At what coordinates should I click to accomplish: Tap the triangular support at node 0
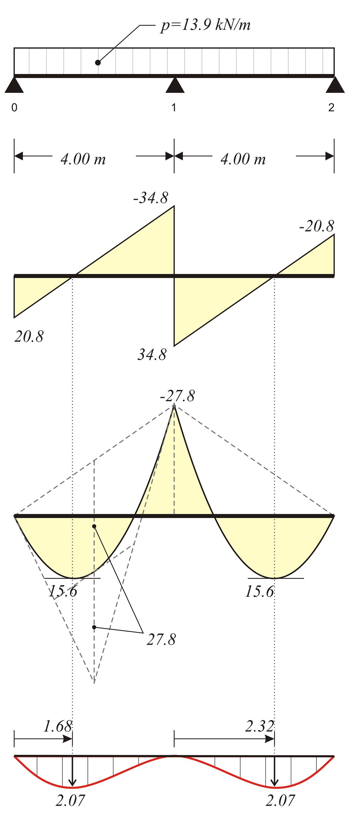[14, 85]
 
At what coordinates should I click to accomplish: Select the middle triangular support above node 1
[175, 85]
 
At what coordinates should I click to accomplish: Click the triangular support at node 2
[335, 85]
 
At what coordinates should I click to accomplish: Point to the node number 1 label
[174, 108]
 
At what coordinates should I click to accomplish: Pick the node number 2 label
[331, 108]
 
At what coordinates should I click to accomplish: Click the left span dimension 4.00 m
[83, 159]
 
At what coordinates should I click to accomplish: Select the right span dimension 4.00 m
[243, 159]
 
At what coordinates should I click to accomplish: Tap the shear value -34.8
[150, 198]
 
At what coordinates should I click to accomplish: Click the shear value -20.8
[317, 226]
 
